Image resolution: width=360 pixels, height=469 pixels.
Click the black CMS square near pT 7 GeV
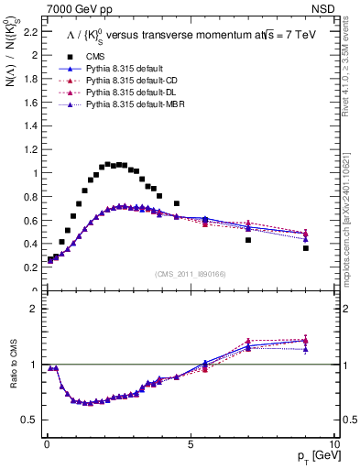point(248,240)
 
